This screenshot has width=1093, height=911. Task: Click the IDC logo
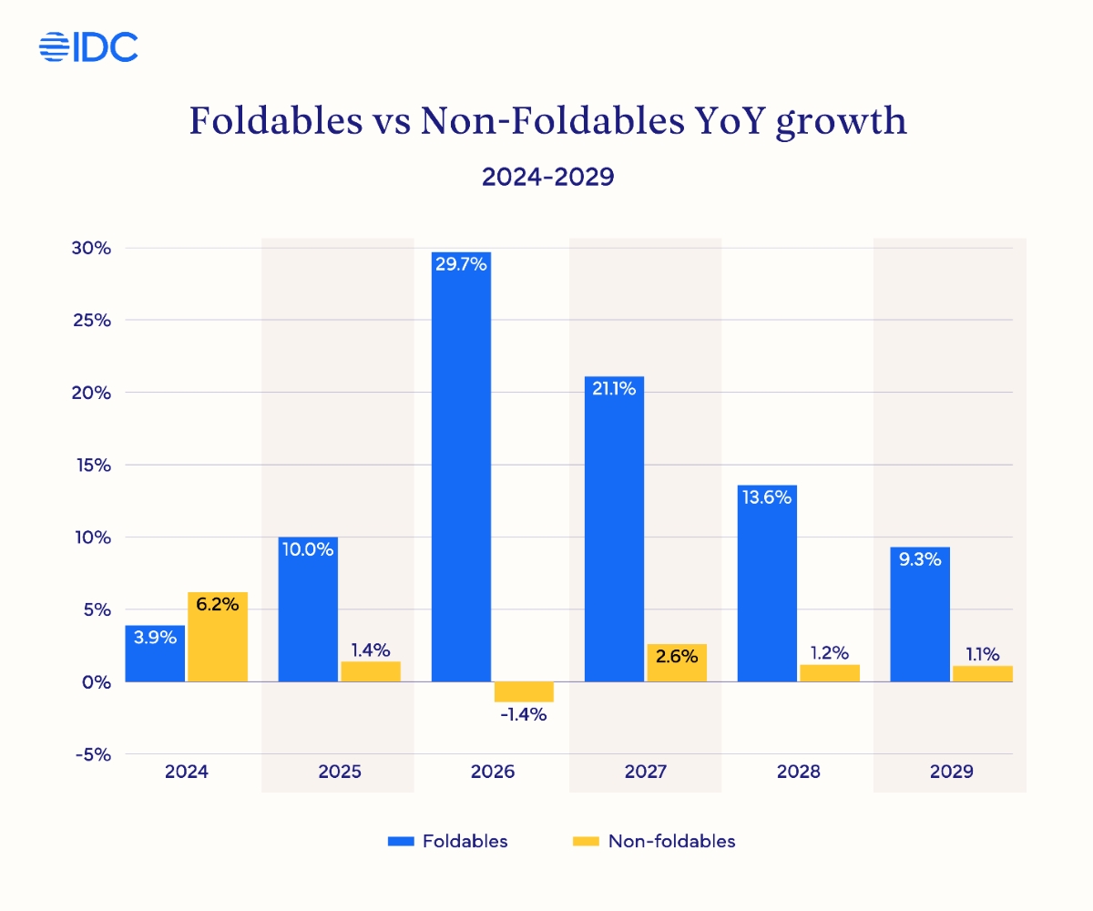[88, 46]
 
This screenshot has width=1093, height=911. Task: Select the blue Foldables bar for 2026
[461, 474]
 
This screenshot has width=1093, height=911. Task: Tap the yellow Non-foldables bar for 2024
[217, 638]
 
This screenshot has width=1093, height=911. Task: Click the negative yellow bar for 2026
[523, 691]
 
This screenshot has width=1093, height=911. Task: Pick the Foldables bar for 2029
[919, 619]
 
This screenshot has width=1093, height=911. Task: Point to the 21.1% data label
[614, 388]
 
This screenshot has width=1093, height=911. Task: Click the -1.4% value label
[523, 715]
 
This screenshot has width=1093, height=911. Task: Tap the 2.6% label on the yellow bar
[676, 655]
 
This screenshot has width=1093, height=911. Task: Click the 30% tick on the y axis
[92, 249]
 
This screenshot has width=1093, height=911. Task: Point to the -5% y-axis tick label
[92, 754]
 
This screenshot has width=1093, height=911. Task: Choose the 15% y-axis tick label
[92, 466]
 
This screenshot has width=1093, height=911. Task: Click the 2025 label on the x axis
[340, 772]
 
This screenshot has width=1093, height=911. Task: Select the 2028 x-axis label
[799, 772]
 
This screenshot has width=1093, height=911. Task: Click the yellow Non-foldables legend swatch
[585, 841]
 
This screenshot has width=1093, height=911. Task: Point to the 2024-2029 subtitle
[547, 176]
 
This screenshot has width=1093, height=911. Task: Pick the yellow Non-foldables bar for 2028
[829, 673]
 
